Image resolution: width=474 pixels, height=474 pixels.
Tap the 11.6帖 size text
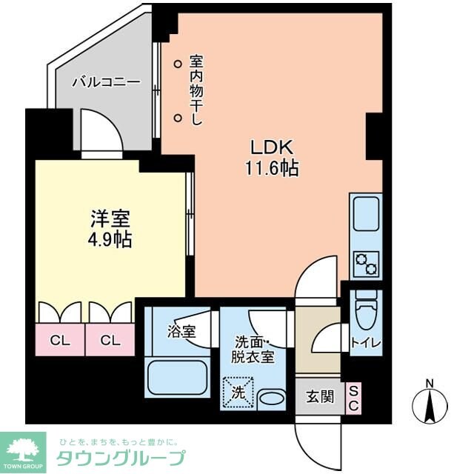tap(271, 169)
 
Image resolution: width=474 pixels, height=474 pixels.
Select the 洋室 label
tap(111, 219)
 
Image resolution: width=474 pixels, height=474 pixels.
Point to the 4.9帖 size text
tap(111, 240)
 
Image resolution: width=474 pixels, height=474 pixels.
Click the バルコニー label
tap(106, 82)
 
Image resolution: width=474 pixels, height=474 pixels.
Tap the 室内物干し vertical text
tap(196, 90)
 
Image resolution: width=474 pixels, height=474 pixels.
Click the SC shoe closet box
tap(354, 398)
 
